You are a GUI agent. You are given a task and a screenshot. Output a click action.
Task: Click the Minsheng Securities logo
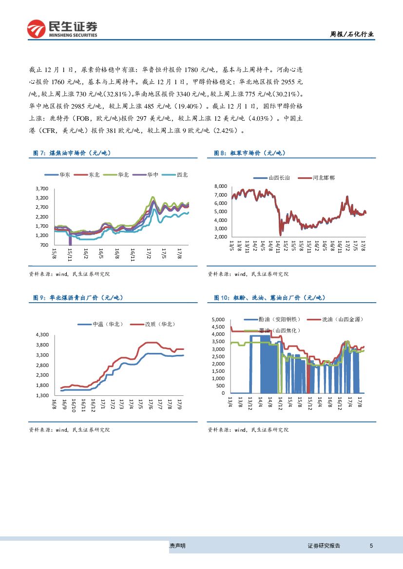coord(62,29)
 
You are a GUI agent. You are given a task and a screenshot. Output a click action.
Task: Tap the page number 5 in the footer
coord(371,546)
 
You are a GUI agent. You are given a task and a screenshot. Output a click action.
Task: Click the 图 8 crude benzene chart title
coord(249,153)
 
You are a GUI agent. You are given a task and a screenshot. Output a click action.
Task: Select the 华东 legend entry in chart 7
coord(60,175)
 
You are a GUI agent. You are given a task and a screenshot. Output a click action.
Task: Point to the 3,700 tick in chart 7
coord(42,188)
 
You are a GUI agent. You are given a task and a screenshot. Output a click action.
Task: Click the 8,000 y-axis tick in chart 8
coord(221,186)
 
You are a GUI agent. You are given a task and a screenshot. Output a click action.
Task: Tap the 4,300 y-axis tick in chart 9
coord(42,335)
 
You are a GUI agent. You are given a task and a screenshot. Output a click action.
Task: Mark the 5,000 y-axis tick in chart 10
coord(218,319)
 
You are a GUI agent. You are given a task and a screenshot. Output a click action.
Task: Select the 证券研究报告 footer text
coord(324,546)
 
